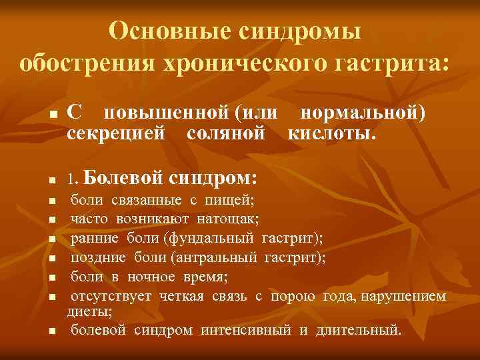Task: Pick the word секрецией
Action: (x=116, y=132)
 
